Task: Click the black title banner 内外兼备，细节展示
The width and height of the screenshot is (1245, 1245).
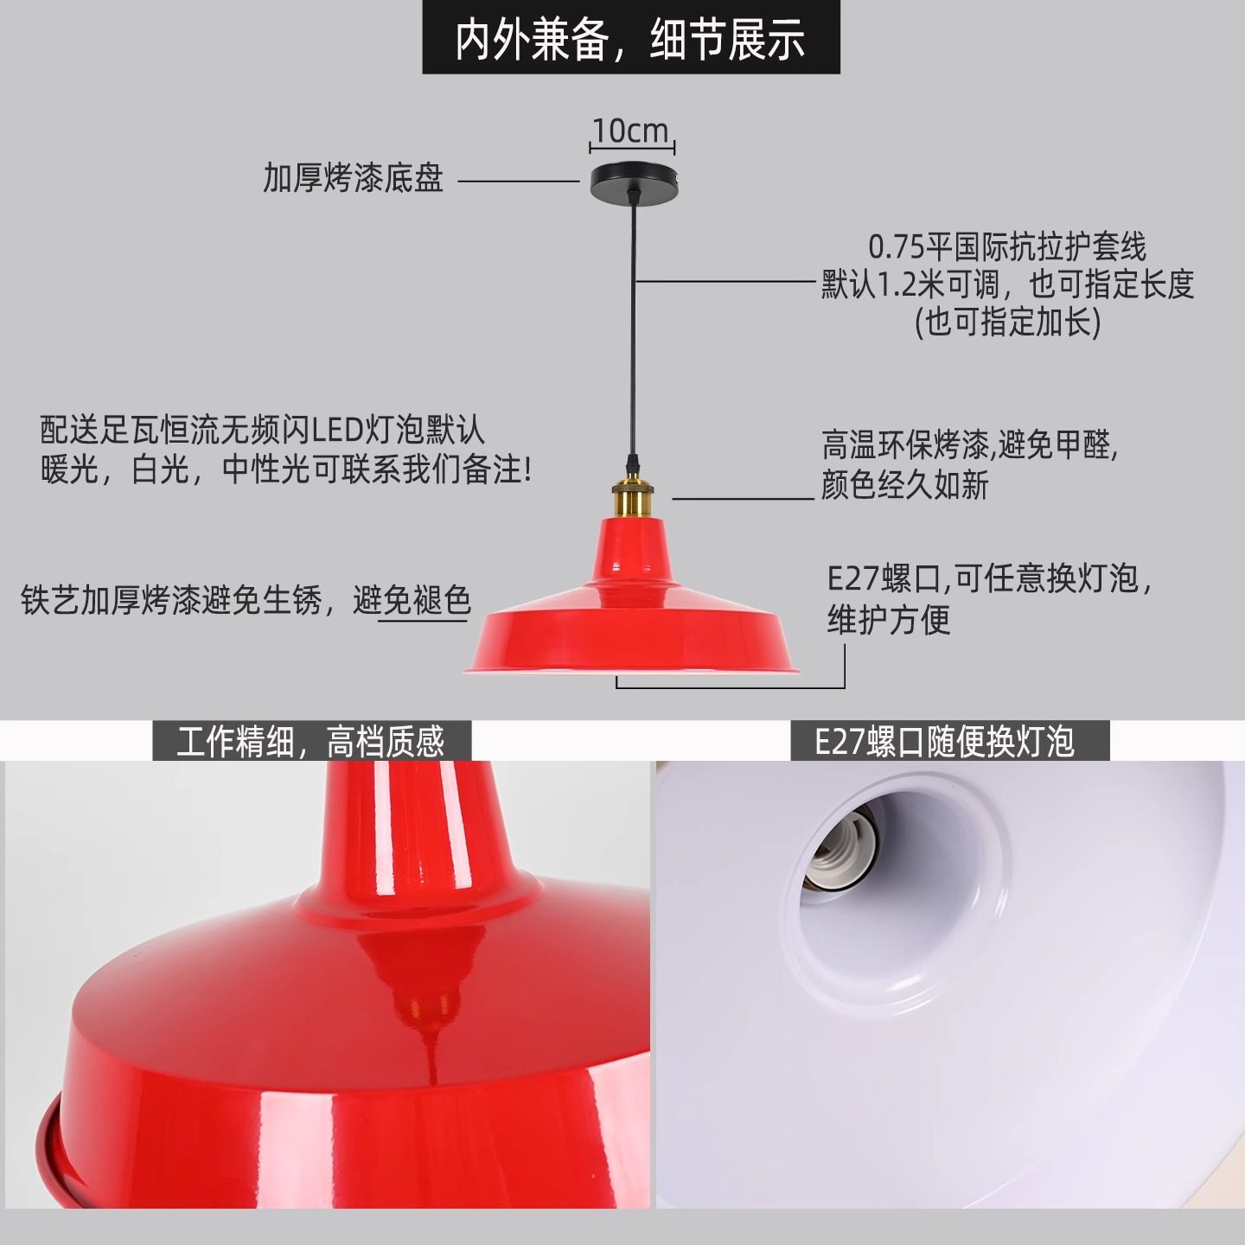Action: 630,39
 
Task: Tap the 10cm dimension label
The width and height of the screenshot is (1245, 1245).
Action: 631,131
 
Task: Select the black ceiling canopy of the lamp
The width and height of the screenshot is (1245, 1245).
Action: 633,181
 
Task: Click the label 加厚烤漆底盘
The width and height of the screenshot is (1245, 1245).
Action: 353,178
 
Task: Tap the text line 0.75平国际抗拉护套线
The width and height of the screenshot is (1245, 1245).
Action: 1007,247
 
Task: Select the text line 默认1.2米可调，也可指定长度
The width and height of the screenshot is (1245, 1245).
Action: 1007,284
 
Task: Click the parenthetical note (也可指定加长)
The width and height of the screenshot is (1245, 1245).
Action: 1007,322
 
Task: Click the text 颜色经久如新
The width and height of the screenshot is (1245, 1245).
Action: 904,485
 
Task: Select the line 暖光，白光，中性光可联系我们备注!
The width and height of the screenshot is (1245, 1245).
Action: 286,469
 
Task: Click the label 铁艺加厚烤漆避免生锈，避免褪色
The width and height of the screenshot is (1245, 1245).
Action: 246,600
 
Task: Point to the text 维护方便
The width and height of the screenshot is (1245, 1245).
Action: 889,619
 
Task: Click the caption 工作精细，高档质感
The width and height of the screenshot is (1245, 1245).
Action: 311,742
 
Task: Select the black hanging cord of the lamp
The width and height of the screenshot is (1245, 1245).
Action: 634,329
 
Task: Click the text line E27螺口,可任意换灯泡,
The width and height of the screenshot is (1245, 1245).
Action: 989,578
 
